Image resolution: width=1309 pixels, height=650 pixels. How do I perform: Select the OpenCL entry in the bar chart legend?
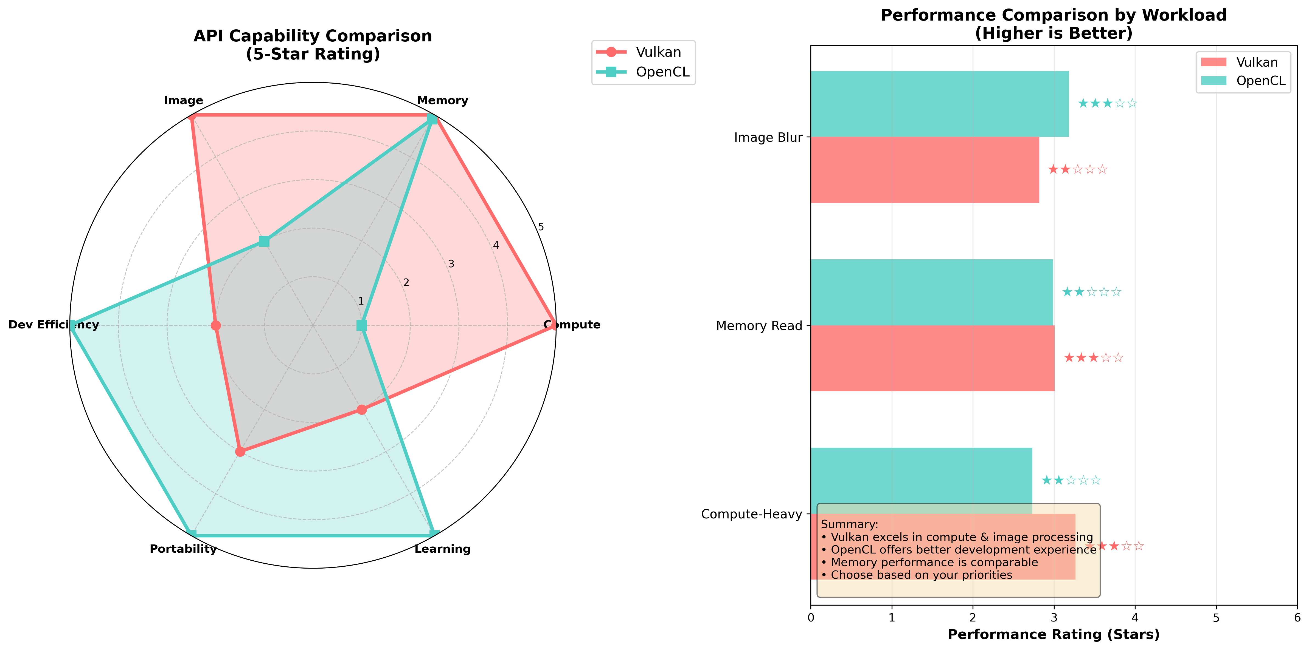pos(1260,81)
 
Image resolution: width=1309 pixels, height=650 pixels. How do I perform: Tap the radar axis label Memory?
pos(442,101)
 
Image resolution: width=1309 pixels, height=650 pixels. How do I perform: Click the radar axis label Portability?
pos(183,549)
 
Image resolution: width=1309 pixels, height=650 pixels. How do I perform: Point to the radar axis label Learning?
pos(442,549)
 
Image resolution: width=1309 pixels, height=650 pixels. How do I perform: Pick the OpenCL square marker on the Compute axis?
pos(361,325)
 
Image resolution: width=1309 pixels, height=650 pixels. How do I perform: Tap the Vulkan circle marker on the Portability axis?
pos(240,452)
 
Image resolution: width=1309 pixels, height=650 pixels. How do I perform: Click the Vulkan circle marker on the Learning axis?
pos(361,409)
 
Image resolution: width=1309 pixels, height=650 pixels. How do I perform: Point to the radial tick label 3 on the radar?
pos(451,264)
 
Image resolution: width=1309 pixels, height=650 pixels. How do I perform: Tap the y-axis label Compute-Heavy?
pos(751,514)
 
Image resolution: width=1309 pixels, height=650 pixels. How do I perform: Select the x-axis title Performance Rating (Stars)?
pos(1054,635)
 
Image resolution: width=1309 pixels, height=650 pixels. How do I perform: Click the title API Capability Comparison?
pos(313,36)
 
